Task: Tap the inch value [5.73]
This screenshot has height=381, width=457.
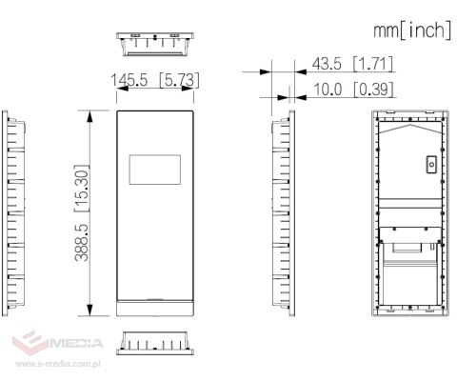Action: [178, 82]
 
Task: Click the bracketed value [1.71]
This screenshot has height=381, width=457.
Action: [373, 65]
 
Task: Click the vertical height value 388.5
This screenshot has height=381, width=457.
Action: [83, 242]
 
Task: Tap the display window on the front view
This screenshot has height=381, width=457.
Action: [153, 170]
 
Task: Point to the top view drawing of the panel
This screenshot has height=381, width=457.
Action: [153, 42]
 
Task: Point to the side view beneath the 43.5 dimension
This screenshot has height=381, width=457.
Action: [283, 213]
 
